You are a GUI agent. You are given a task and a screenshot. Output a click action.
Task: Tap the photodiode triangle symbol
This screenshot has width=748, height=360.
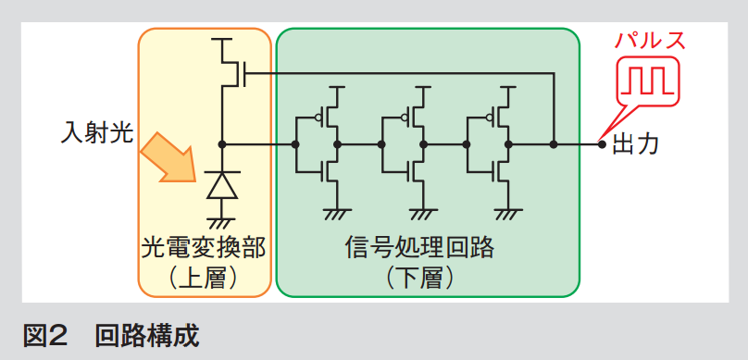[222, 184]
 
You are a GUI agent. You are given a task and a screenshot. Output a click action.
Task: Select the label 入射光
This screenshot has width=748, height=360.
[97, 133]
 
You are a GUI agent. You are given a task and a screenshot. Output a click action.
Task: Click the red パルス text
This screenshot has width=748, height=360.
[650, 41]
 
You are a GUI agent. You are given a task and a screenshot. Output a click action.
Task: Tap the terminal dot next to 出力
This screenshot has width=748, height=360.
[602, 143]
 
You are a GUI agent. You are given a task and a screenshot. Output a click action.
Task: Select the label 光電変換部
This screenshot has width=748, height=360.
[204, 249]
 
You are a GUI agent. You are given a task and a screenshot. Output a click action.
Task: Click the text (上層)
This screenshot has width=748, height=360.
[204, 279]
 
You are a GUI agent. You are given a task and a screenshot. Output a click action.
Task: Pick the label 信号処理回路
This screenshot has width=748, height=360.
[419, 249]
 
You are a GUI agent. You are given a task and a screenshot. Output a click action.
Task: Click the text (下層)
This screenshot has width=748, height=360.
[419, 279]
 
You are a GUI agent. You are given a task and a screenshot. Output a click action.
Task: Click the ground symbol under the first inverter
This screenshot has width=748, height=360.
[337, 214]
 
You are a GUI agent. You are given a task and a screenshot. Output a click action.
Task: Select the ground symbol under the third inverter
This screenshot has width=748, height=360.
[508, 214]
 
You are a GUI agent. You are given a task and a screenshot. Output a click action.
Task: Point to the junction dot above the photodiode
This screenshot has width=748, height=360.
[222, 143]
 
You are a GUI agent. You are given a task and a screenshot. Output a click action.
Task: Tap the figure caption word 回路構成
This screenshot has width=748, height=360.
[147, 336]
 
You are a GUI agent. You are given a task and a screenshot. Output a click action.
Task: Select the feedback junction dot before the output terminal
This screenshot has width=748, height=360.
[554, 143]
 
